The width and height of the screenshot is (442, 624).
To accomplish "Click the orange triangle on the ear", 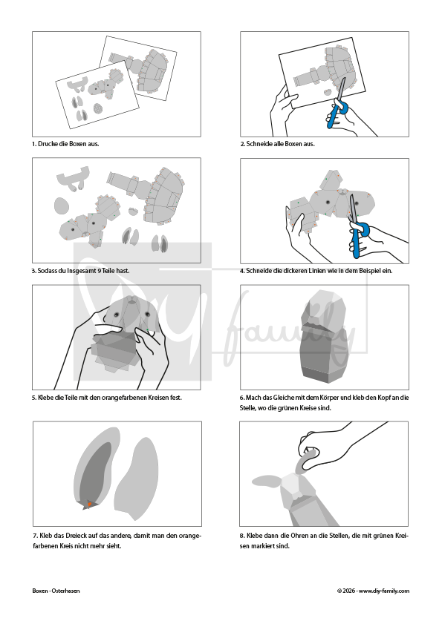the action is [x=90, y=505].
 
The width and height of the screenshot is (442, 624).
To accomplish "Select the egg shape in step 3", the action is [x=62, y=206].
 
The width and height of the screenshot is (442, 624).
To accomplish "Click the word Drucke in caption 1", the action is [x=48, y=144].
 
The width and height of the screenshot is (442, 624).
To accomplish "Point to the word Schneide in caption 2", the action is [x=259, y=144].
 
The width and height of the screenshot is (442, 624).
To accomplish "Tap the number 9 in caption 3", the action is [x=99, y=271].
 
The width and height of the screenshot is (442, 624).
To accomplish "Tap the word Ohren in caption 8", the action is [x=299, y=536].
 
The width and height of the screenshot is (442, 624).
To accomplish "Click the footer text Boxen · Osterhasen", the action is [x=56, y=591].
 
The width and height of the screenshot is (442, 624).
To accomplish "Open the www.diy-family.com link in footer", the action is [x=384, y=591].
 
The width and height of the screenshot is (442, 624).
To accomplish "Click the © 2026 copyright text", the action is [x=346, y=591].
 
